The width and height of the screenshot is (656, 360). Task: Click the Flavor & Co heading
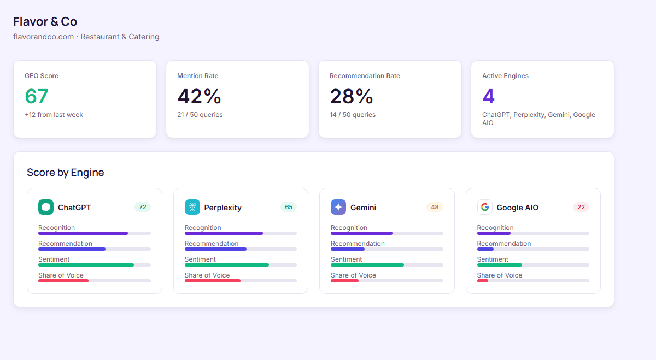pos(45,22)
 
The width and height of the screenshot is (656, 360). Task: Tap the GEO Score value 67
pos(37,97)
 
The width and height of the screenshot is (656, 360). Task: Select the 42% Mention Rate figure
pos(199,97)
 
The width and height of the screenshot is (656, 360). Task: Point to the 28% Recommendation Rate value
pos(352,97)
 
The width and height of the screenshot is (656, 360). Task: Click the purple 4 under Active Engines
pos(488,97)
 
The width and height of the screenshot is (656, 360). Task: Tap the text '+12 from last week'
pos(54,115)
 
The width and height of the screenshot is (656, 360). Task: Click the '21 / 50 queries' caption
pos(200,115)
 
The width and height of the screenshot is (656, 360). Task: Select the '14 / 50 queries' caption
pos(352,115)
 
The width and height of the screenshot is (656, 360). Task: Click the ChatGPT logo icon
pos(46,207)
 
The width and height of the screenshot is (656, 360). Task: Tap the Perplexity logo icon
pos(192,207)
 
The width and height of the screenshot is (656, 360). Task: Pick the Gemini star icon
pos(338,207)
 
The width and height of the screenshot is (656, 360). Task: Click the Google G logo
pos(484,207)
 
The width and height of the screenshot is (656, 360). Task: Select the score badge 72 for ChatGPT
pos(143,207)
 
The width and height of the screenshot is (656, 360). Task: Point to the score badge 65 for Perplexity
pos(289,207)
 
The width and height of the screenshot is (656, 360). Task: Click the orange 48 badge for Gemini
pos(435,207)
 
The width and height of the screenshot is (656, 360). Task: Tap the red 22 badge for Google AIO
pos(581,207)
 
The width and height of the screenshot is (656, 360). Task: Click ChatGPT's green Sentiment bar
pos(86,265)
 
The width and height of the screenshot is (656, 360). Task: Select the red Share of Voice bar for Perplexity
pos(213,281)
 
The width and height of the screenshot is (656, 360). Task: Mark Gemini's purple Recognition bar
pos(361,233)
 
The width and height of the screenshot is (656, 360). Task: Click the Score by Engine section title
pos(66,173)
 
